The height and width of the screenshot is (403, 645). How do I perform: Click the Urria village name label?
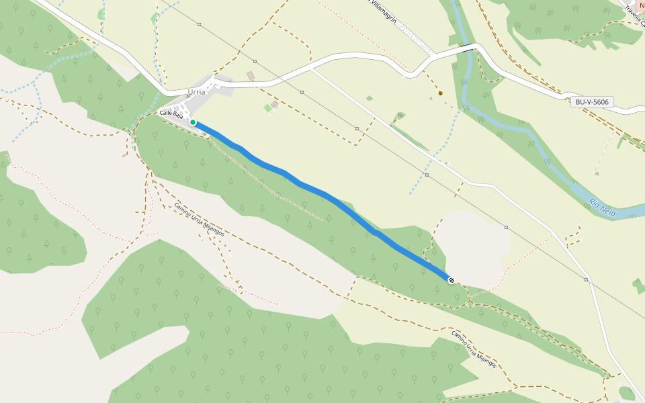coord(197,92)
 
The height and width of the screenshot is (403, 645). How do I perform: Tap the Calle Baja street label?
coord(171,114)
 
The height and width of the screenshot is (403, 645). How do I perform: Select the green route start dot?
coord(193,122)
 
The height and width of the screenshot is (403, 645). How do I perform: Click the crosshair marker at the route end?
coord(451,279)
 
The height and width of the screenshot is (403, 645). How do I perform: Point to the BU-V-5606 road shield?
coord(592,102)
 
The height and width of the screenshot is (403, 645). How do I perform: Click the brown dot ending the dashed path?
coord(441,93)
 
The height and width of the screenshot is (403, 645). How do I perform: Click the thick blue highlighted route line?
coord(322,194)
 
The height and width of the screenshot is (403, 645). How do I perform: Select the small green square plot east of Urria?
coord(267,108)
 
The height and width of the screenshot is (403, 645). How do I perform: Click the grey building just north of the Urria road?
coord(251,76)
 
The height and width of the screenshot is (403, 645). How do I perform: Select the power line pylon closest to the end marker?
coord(506,227)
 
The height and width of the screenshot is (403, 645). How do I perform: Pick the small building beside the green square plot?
coord(275,104)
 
